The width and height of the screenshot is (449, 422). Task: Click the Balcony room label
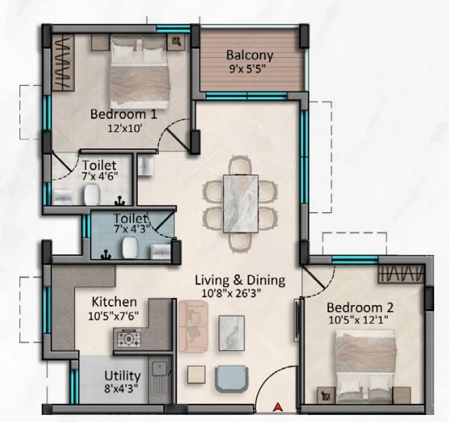pos(249,55)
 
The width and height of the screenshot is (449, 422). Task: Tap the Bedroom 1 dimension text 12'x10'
pos(125,129)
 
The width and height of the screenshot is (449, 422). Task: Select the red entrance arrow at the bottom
pos(278,407)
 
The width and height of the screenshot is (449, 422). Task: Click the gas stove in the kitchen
pos(129,339)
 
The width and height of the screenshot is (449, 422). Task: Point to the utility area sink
pos(160,369)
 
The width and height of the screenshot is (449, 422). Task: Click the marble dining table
pos(241,204)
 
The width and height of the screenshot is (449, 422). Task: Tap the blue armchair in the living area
pos(232,379)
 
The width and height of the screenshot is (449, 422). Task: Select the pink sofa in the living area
pos(193,326)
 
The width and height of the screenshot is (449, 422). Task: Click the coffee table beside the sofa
pos(232,333)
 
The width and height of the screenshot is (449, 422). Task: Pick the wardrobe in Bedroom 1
pos(63,62)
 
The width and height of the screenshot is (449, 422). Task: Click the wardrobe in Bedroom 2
pos(401,274)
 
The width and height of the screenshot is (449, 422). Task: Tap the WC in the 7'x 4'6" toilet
pos(92,194)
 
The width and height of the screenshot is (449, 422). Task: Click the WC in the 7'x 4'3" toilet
pos(129,247)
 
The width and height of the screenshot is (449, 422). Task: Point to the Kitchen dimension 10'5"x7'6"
pos(113,316)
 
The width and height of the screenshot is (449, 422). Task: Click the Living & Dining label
pos(240,280)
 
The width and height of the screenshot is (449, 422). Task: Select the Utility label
pos(122,376)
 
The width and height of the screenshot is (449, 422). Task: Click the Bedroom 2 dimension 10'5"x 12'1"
pos(359,320)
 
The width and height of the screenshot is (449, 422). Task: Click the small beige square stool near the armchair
pos(196,374)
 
